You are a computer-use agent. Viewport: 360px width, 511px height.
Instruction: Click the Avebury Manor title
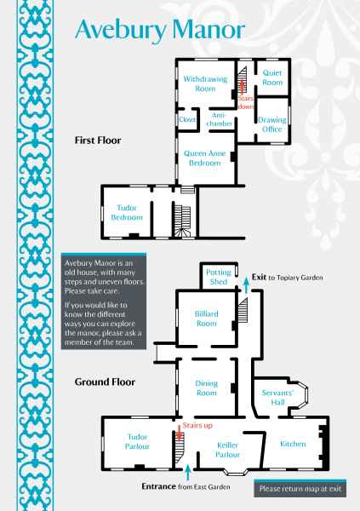point(160,30)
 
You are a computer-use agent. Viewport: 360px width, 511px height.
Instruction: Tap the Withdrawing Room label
point(205,83)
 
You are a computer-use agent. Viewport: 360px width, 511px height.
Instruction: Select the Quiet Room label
point(272,78)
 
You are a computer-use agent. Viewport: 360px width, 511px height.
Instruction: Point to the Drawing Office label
point(272,124)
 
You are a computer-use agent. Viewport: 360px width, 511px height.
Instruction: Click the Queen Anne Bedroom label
point(204,158)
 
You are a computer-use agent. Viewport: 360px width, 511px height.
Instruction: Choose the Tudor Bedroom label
point(127,212)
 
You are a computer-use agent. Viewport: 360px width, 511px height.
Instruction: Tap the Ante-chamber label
point(219,119)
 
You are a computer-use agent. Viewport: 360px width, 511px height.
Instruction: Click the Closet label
point(187,119)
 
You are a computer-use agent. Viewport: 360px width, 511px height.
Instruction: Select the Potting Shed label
point(218,277)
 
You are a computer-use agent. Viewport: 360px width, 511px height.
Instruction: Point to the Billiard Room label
point(206,319)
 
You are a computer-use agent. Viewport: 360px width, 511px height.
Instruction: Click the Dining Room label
point(206,388)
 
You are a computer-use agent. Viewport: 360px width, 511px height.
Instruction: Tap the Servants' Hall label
point(278,398)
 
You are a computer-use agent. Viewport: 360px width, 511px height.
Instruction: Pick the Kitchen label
point(293,444)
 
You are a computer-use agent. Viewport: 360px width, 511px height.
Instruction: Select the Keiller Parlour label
point(228,450)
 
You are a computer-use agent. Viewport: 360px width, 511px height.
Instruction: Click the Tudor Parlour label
point(137,441)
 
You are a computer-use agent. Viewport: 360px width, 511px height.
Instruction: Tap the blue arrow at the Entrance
point(187,472)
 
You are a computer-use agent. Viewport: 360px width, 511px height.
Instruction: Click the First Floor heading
point(98,141)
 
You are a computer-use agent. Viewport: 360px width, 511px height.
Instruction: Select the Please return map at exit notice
point(300,489)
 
